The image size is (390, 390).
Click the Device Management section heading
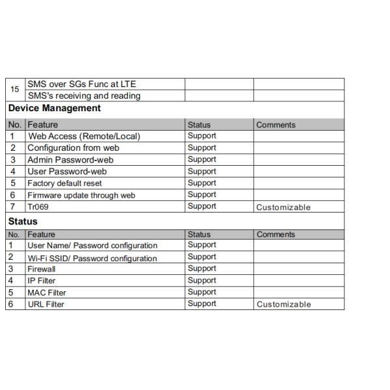click(x=55, y=109)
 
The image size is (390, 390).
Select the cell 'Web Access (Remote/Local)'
click(x=84, y=136)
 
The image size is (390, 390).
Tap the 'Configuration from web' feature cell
click(x=73, y=148)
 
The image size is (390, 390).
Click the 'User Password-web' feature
click(x=66, y=172)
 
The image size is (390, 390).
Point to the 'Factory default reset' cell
click(x=64, y=183)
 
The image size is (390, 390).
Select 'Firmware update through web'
click(x=81, y=195)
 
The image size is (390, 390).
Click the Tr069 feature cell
click(x=38, y=207)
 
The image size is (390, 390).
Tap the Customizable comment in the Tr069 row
click(x=283, y=207)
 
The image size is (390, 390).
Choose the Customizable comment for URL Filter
click(x=283, y=304)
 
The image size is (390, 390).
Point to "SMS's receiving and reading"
click(x=84, y=96)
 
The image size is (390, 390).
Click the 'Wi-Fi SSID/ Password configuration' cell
click(x=92, y=258)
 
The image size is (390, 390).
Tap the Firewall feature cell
click(x=41, y=269)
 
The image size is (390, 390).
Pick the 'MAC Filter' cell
click(x=46, y=292)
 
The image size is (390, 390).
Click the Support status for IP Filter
click(x=201, y=280)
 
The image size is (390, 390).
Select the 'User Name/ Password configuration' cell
click(x=92, y=246)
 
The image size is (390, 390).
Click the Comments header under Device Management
click(x=276, y=125)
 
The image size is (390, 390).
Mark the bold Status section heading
click(x=23, y=222)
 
